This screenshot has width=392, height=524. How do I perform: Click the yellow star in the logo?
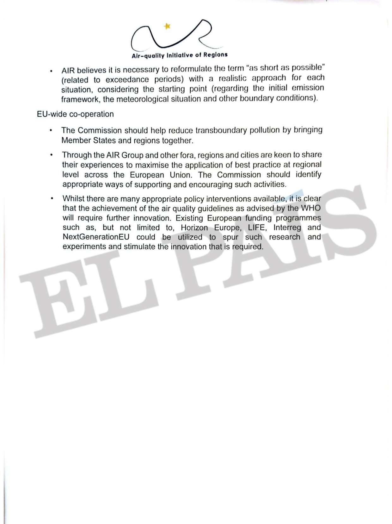[167, 26]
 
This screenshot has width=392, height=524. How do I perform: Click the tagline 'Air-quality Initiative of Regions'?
[180, 55]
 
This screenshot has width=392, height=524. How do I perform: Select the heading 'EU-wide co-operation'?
[75, 114]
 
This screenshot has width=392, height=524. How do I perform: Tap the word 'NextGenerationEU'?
[96, 237]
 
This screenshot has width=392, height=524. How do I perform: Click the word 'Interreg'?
[287, 228]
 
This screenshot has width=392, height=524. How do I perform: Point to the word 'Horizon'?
[194, 228]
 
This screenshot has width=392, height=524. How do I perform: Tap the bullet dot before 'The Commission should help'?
[51, 130]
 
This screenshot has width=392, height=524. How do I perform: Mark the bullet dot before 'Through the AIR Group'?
[51, 155]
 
